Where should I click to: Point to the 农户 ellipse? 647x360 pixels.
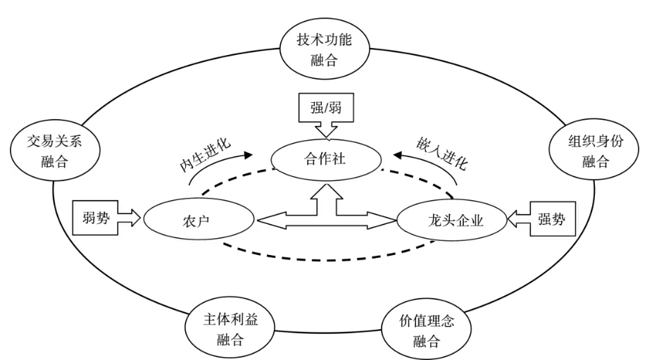(199, 221)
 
